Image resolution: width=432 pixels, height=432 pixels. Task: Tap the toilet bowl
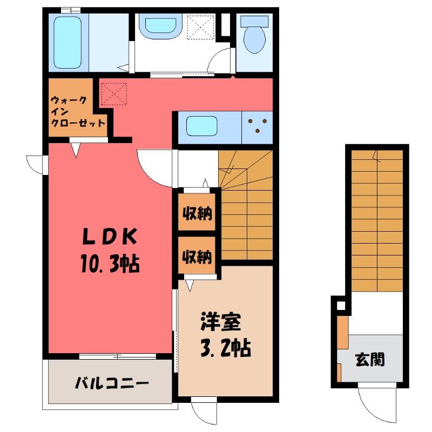coord(254,39)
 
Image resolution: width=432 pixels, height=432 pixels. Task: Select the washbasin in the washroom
coord(160,25)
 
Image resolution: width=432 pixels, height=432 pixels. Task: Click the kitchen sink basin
coord(201,126)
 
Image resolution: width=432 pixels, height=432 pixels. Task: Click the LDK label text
coord(110,237)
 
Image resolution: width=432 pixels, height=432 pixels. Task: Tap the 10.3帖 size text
coord(110,264)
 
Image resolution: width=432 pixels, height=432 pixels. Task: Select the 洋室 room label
coord(221,321)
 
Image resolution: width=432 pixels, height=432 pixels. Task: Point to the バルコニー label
coord(112,383)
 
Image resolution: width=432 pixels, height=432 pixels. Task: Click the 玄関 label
coord(370,360)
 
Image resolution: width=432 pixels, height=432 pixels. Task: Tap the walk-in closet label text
coord(78,112)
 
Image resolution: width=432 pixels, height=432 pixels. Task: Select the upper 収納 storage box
coord(197,212)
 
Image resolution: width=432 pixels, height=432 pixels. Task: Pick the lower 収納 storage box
coord(197,255)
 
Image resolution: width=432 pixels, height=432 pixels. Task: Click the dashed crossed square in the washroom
coord(200,28)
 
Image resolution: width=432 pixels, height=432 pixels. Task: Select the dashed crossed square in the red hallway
coord(114,94)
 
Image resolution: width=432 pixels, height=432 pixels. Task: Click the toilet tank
coord(254,21)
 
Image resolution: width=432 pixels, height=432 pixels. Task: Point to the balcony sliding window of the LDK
coord(118,356)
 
